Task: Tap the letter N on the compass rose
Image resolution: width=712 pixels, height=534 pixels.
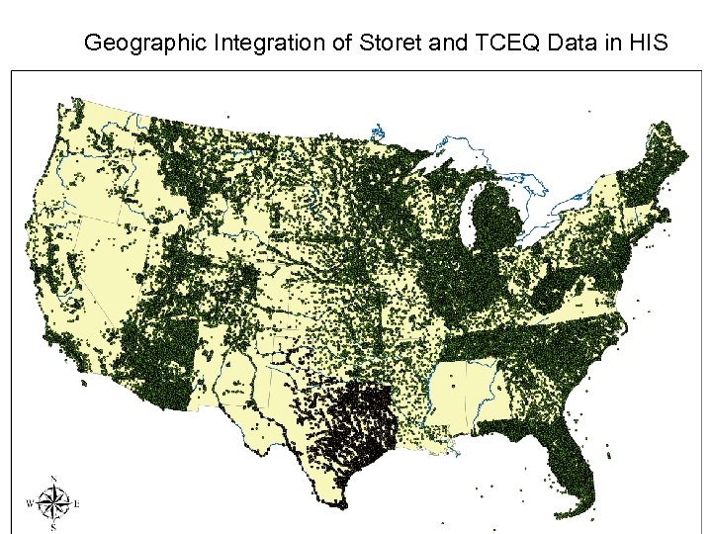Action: coord(53,480)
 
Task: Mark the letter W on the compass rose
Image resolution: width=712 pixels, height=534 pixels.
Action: coord(31,504)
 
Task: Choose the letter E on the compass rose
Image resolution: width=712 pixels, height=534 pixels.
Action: coord(77,504)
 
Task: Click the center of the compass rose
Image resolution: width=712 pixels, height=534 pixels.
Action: coord(53,504)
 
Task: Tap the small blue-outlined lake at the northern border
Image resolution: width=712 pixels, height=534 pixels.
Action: coord(377,130)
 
